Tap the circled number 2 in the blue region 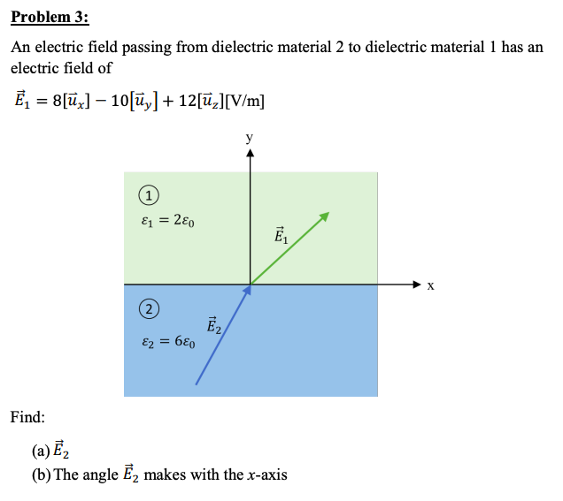click(x=150, y=308)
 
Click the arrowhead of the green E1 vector click(x=326, y=216)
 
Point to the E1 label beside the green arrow click(x=281, y=235)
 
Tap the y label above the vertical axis click(x=250, y=138)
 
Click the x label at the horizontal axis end click(x=431, y=286)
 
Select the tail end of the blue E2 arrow click(x=197, y=383)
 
